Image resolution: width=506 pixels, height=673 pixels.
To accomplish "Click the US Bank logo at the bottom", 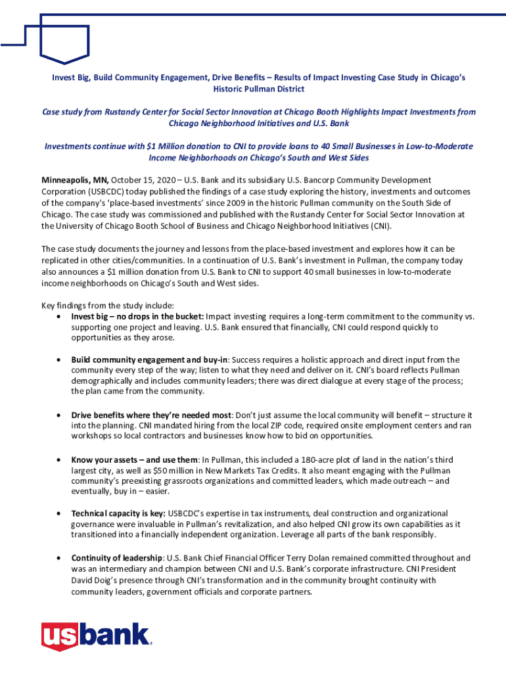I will coord(96,637).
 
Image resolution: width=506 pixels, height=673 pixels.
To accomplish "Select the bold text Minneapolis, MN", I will coord(75,180).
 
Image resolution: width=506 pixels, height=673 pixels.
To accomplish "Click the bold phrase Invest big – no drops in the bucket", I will coord(137,316).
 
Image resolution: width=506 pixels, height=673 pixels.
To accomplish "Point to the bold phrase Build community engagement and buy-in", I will coord(149,360).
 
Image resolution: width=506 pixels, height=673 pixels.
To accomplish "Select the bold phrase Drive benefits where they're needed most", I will coord(151,415).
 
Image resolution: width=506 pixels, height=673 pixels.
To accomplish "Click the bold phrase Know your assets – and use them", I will coord(135,460).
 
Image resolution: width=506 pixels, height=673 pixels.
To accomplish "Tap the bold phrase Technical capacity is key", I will coord(118,513).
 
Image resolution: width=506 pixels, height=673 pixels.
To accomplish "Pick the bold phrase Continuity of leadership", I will coord(116,558).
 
